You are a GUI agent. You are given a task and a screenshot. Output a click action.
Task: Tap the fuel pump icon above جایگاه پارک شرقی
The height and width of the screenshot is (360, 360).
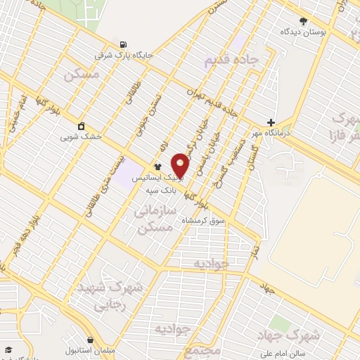[124, 42]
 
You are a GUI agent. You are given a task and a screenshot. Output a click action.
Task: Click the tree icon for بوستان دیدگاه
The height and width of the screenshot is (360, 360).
[303, 21]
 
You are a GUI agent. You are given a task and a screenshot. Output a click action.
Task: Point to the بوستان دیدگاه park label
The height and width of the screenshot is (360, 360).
[304, 32]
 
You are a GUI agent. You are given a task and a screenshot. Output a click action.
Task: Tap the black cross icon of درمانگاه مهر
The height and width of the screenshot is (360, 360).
[271, 122]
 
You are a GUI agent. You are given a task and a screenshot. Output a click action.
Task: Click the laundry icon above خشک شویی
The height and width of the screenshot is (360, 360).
[82, 127]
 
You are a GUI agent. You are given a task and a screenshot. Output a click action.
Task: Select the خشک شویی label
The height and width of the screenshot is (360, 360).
[82, 137]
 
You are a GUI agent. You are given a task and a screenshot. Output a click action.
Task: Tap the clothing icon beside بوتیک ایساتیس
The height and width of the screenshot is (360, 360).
[156, 167]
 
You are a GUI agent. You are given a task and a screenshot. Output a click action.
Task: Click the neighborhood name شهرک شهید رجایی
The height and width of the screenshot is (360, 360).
[115, 296]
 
